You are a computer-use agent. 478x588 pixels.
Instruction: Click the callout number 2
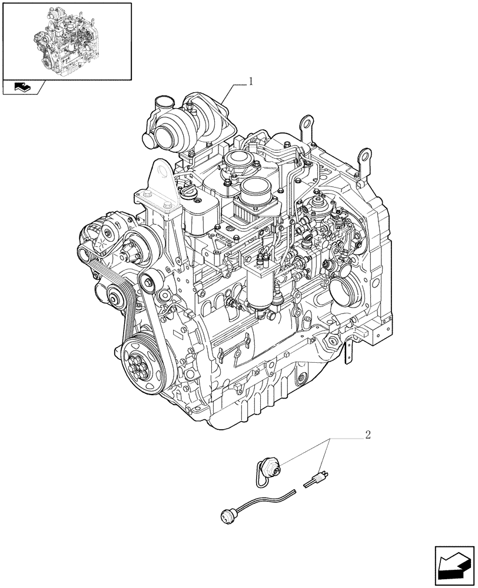[367, 436]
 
